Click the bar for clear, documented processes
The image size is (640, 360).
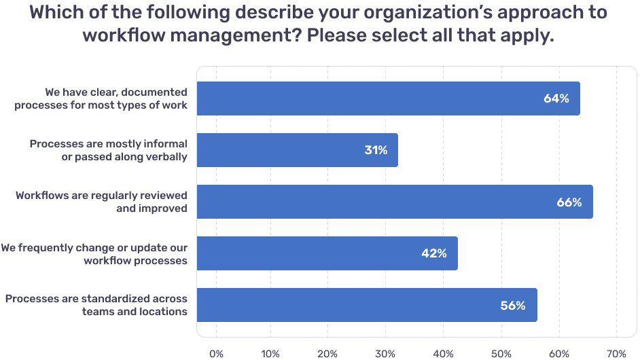[x=387, y=98]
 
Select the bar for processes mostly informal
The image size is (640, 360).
[x=297, y=150]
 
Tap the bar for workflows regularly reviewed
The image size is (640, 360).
[x=394, y=202]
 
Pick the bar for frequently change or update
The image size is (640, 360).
[x=327, y=253]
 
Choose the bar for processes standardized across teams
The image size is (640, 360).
[x=367, y=305]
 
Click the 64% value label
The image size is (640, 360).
[x=556, y=98]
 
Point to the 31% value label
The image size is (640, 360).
[x=376, y=150]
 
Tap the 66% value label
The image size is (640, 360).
[x=569, y=202]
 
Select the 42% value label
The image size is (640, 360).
[x=434, y=253]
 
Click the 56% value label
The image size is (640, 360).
[x=513, y=306]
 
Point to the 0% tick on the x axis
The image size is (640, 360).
[x=216, y=353]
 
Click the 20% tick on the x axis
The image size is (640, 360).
[x=327, y=353]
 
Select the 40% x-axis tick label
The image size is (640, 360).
[x=443, y=353]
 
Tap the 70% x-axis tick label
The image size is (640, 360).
[x=616, y=353]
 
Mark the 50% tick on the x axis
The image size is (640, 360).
[x=501, y=353]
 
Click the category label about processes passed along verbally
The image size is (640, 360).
[x=108, y=150]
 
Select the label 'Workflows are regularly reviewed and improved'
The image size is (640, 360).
[x=101, y=202]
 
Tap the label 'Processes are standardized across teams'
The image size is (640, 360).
[x=96, y=305]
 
